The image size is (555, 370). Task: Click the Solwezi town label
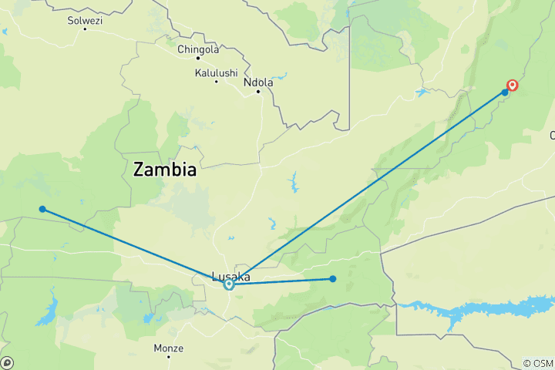pos(84,20)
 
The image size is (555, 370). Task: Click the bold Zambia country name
pos(164,170)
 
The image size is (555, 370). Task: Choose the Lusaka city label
pos(230,276)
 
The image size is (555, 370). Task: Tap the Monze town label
pos(168,348)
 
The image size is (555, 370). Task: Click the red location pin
pos(512,86)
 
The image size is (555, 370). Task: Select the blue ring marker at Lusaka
pos(229,284)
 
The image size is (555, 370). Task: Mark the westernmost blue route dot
pos(42,209)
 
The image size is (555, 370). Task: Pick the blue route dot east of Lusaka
pos(332,279)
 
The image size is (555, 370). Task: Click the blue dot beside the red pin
pos(505,92)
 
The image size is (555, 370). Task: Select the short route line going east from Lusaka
pos(281,282)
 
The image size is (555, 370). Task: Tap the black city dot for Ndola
pos(258,92)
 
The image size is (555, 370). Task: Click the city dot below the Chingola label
pos(197,59)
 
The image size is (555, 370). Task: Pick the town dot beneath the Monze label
pos(169,357)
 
